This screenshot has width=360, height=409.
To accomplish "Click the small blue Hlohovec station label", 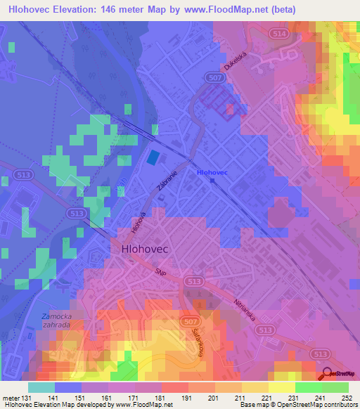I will point(212,171).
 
